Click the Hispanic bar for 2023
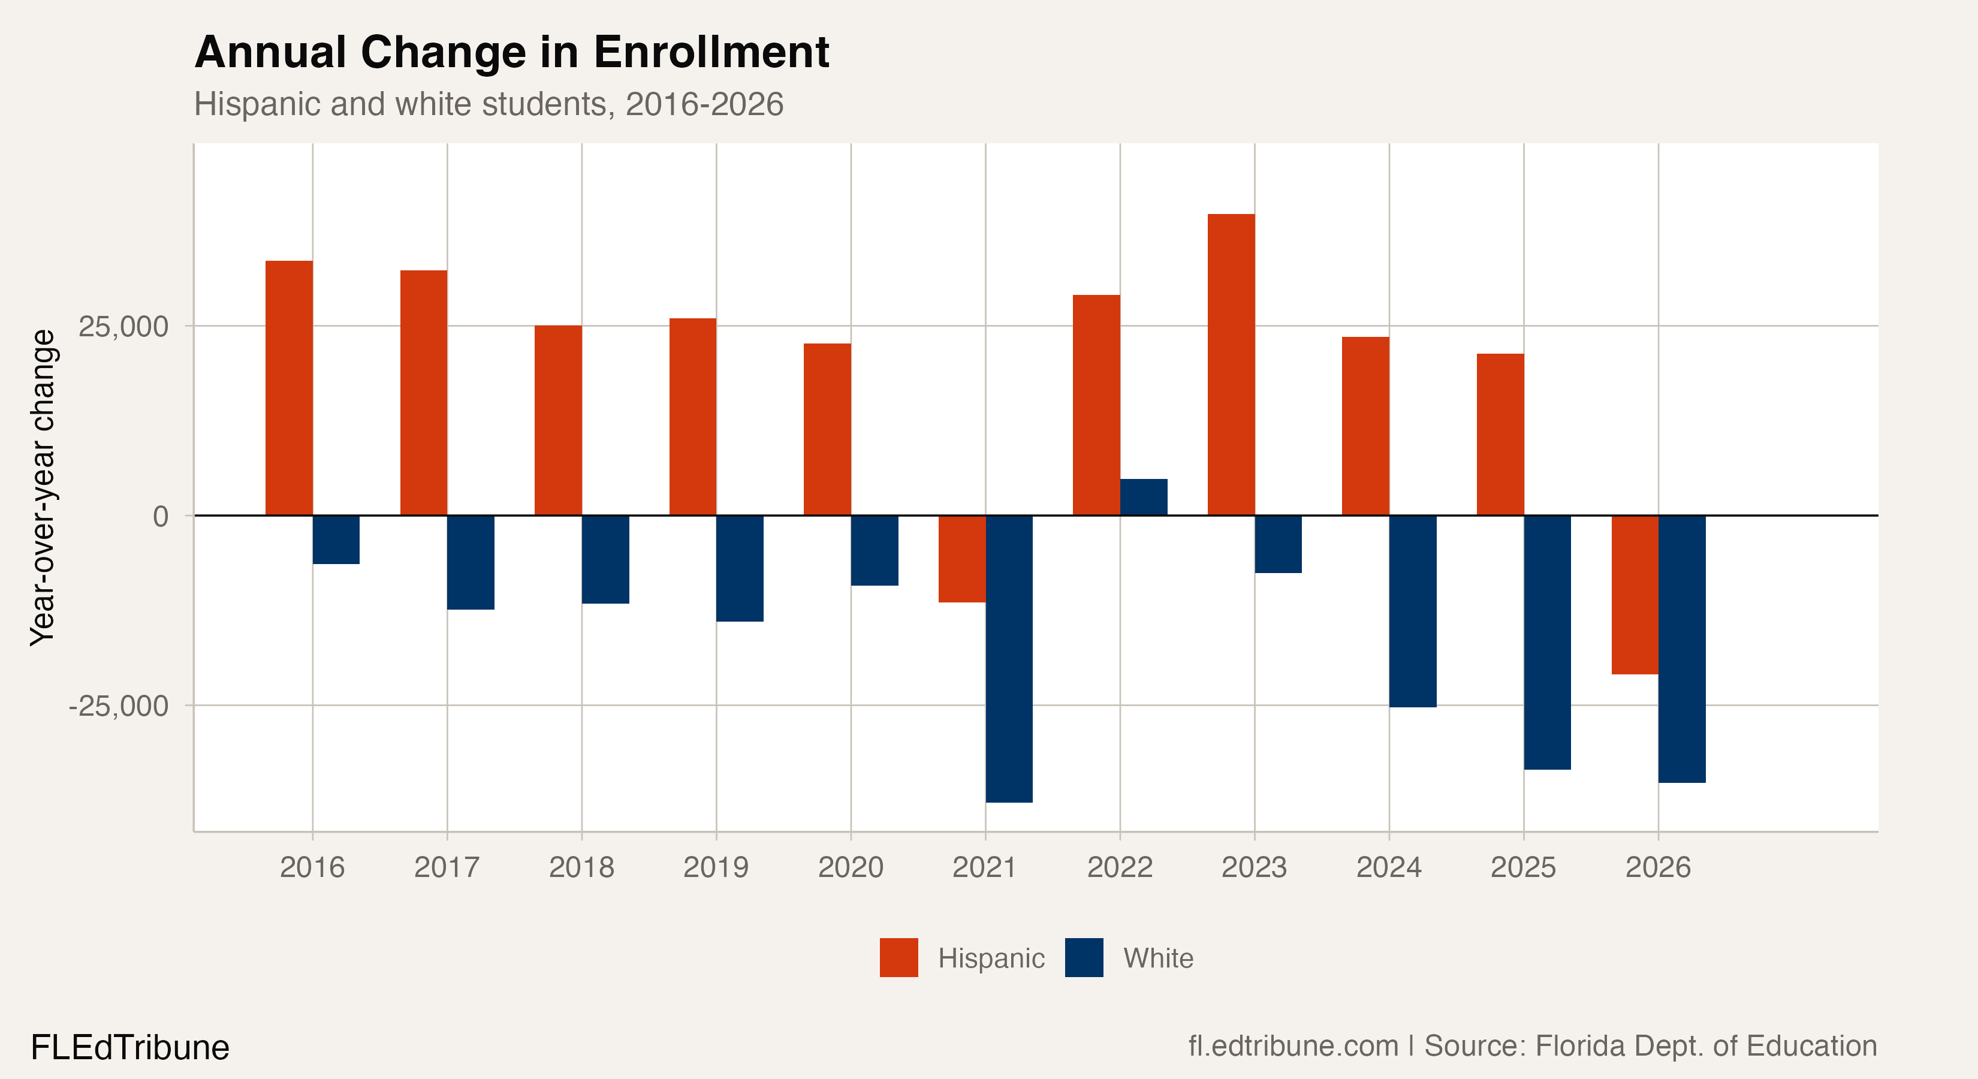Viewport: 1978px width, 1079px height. coord(1231,365)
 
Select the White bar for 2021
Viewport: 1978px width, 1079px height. coord(1009,659)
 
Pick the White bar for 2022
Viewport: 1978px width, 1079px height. coord(1143,497)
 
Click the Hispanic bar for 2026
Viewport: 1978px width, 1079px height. coord(1635,595)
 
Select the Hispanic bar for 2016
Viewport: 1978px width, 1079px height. coord(289,388)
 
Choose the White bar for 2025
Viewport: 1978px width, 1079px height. coord(1547,642)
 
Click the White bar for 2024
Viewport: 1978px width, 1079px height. coord(1413,611)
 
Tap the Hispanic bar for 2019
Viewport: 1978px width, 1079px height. coord(693,417)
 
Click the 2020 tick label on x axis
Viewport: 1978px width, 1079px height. coord(851,867)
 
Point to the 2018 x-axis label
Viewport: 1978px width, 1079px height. coord(581,867)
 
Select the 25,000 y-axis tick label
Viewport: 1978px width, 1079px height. coord(123,326)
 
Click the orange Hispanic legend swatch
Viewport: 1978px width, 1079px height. coord(898,958)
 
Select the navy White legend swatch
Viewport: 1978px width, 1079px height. coord(1084,958)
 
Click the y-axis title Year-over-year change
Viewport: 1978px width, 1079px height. coord(43,488)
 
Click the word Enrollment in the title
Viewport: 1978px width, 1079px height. coord(711,52)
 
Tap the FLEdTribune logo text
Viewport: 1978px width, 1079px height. coord(129,1047)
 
